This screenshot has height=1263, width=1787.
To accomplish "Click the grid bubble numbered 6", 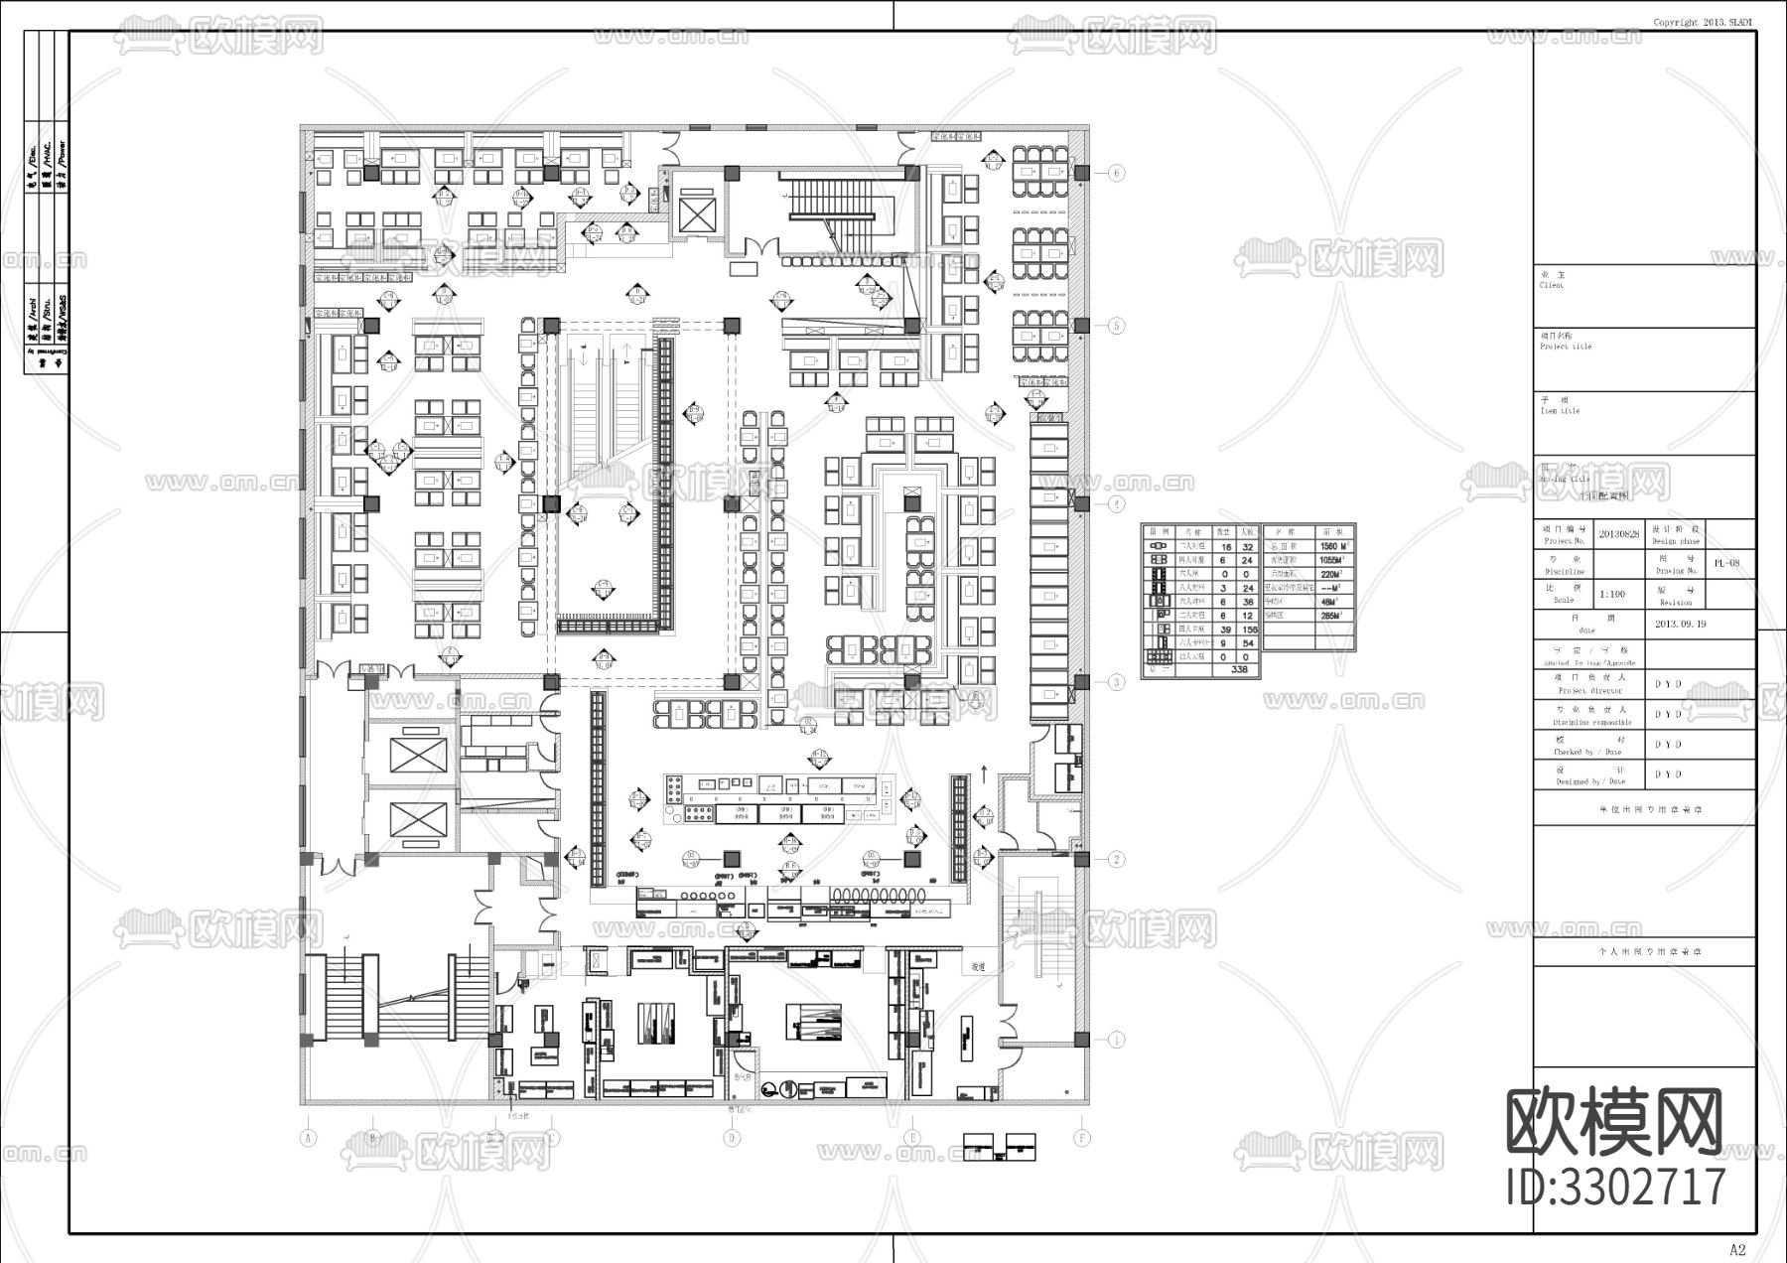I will [1117, 173].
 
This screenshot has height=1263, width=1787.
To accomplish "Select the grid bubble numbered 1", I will [1117, 1040].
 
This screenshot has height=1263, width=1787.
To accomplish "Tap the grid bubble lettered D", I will [732, 1138].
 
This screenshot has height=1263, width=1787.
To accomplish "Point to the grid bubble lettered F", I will [1082, 1138].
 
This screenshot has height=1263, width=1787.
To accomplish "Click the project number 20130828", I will [1620, 534].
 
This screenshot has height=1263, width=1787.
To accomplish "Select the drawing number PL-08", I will [1726, 563].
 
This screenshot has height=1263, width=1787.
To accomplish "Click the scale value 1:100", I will [1613, 594].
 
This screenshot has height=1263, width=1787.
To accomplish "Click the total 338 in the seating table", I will [1239, 669].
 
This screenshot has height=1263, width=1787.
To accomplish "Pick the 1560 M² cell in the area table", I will [1331, 546].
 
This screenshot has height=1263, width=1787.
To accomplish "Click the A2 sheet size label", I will [1736, 1249].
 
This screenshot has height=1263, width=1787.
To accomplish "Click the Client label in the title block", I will [1551, 285].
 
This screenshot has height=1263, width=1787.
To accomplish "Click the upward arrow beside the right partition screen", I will [984, 770].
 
